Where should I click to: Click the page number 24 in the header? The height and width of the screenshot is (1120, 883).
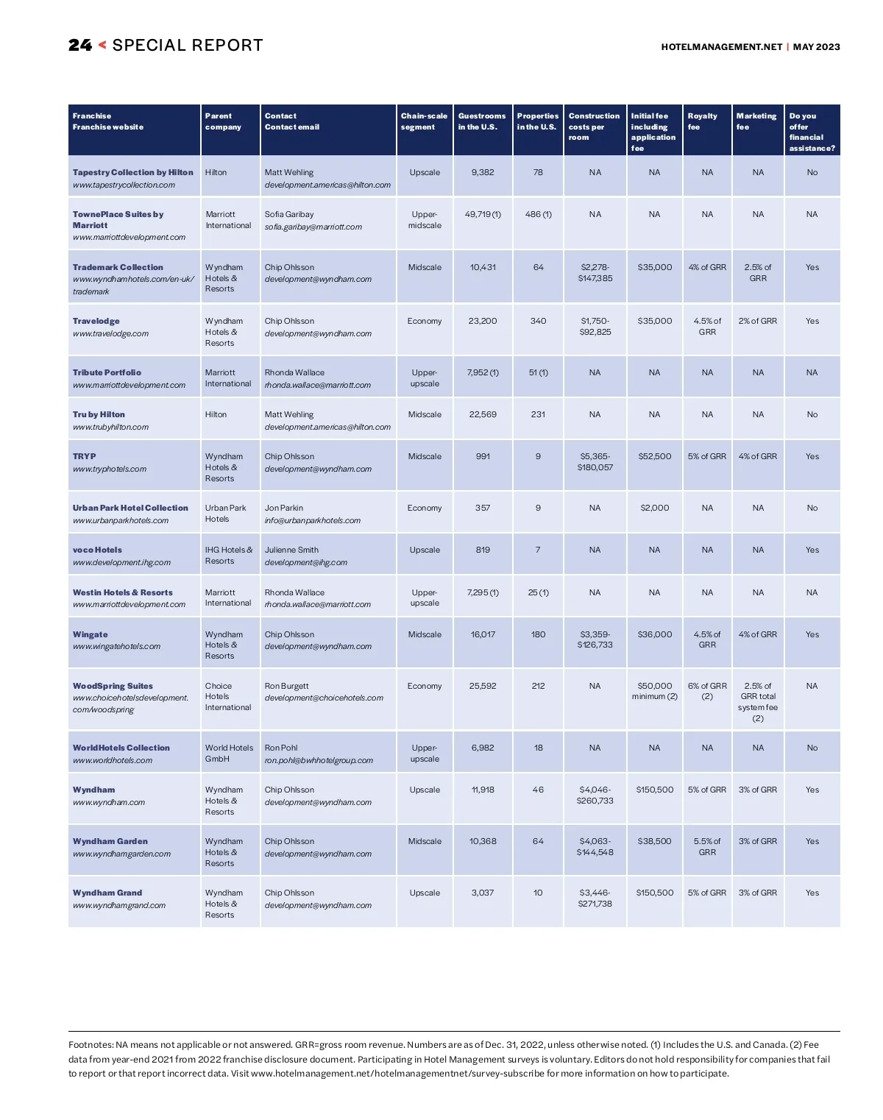(x=80, y=46)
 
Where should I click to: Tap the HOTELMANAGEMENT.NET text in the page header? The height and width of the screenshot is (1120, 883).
(x=721, y=47)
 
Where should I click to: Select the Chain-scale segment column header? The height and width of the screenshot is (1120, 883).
(x=424, y=121)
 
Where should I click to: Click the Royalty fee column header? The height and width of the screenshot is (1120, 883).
(x=702, y=121)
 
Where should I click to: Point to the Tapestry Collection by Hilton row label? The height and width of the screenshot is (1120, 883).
(x=132, y=172)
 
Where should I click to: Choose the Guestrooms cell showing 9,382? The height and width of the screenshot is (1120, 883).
(x=483, y=172)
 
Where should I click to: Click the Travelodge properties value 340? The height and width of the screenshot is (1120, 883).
(x=538, y=321)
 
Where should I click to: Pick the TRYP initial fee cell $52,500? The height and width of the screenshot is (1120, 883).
(x=654, y=456)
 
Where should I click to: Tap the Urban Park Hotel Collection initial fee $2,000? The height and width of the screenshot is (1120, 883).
(x=654, y=508)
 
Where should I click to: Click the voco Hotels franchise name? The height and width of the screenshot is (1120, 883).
(x=97, y=550)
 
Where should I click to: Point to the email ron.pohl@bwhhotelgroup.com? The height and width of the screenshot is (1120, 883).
(x=319, y=760)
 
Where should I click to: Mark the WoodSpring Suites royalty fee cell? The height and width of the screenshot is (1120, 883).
(x=707, y=691)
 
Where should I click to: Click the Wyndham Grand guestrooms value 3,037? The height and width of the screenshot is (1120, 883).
(x=483, y=893)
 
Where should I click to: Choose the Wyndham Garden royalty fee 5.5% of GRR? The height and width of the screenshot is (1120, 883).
(x=707, y=846)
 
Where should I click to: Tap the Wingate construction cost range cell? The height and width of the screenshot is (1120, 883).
(x=595, y=639)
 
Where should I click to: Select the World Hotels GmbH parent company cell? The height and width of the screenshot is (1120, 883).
(x=228, y=753)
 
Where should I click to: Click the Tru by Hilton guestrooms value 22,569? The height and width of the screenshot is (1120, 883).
(x=483, y=414)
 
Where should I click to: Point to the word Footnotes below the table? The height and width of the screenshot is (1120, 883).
(x=90, y=1044)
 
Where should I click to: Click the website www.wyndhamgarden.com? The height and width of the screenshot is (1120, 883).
(x=121, y=854)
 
